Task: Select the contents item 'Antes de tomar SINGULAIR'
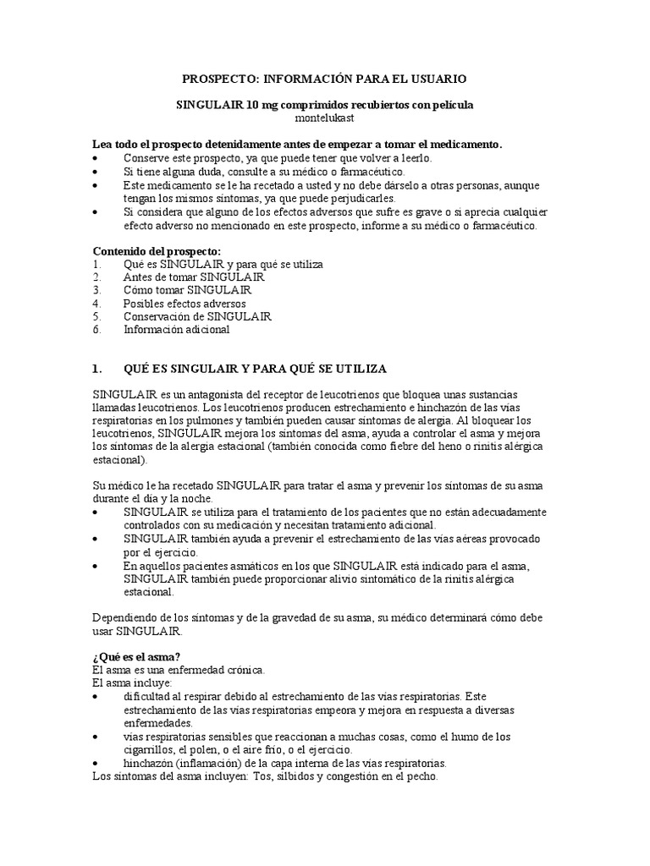(x=194, y=277)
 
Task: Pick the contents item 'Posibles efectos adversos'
(x=185, y=303)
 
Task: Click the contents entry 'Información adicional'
(x=176, y=330)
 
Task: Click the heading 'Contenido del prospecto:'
(x=156, y=251)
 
